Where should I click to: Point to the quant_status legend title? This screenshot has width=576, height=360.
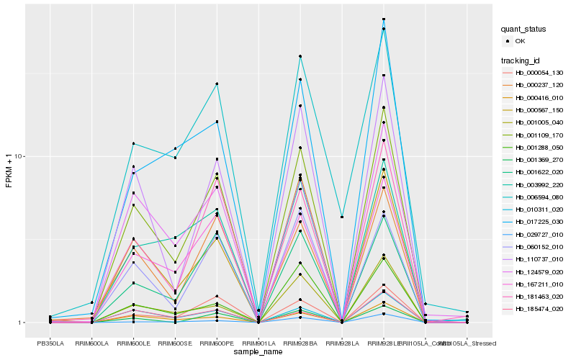pos(523,29)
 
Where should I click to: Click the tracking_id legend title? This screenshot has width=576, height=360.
pos(521,60)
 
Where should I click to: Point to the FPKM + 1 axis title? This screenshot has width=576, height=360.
pos(9,171)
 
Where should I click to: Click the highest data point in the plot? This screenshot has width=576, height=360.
pos(384,19)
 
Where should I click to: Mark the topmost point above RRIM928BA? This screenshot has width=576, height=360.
pos(300,56)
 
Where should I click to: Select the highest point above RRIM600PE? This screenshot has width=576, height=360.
pos(217,84)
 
